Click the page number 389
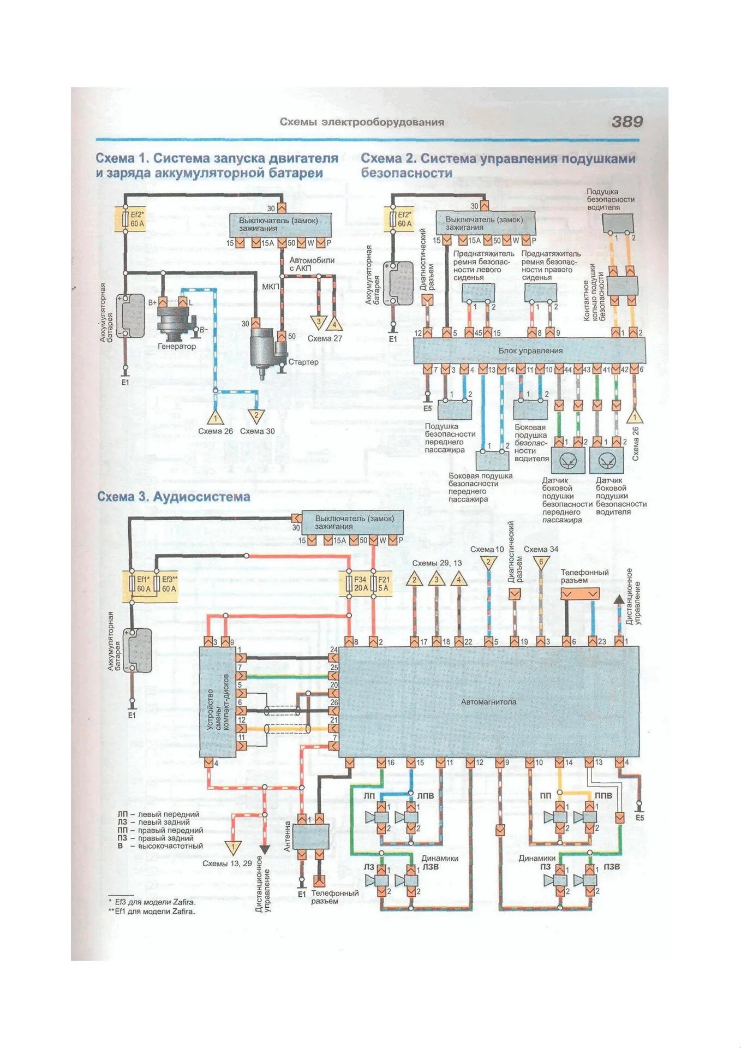pyautogui.click(x=626, y=122)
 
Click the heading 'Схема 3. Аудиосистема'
pyautogui.click(x=174, y=497)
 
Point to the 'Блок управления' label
pyautogui.click(x=530, y=351)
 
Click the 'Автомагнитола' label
pyautogui.click(x=488, y=702)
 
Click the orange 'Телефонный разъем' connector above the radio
pyautogui.click(x=579, y=593)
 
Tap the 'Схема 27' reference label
pyautogui.click(x=325, y=338)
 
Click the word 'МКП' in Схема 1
pyautogui.click(x=270, y=287)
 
